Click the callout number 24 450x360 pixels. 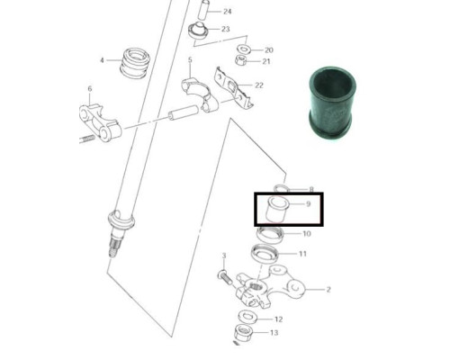click(228, 12)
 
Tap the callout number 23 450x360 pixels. click(226, 29)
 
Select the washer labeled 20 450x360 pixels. click(244, 48)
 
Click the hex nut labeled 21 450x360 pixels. click(241, 60)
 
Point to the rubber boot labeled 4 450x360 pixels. click(135, 63)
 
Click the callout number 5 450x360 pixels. click(190, 60)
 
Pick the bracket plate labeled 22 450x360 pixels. click(233, 87)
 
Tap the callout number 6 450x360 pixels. click(90, 89)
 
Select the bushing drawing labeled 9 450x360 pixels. click(277, 209)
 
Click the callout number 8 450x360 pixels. click(311, 189)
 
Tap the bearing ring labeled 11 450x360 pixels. click(265, 253)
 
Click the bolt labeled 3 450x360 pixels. click(225, 277)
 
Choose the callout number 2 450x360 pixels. click(328, 290)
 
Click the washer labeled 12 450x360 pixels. click(247, 317)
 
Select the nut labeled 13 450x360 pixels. click(243, 332)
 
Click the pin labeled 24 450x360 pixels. click(202, 11)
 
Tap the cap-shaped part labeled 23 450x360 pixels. click(198, 30)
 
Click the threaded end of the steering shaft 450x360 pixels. click(114, 245)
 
